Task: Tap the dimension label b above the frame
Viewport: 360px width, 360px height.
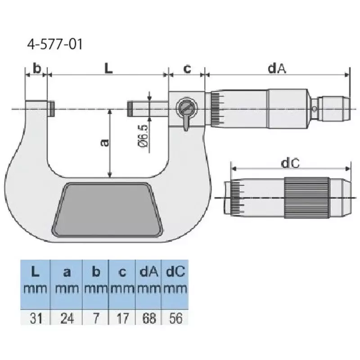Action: pos(37,69)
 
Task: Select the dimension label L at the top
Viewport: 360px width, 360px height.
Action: pos(108,68)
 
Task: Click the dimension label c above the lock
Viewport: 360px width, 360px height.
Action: pos(187,69)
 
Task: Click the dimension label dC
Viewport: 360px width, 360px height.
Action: pos(290,164)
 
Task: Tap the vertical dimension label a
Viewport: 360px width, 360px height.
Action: pos(103,142)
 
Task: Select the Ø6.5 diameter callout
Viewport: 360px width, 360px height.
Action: pos(143,135)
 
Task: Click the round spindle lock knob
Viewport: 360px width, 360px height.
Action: pos(186,108)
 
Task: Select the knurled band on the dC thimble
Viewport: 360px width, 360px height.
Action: pos(306,197)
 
